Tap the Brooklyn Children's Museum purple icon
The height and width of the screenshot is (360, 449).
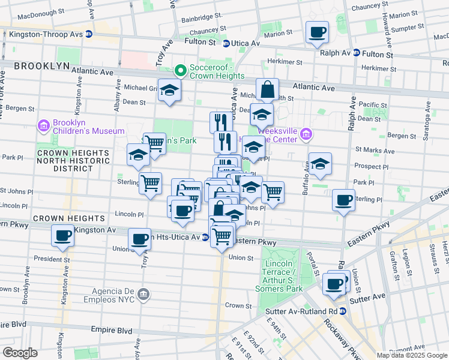point(43,127)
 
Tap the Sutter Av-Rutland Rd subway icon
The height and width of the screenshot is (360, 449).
point(342,311)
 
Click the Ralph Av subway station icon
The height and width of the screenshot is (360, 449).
point(356,53)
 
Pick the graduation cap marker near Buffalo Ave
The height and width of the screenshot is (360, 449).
point(320,163)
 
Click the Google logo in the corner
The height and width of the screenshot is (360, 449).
point(20,353)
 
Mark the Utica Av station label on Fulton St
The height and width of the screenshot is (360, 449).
point(247,43)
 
